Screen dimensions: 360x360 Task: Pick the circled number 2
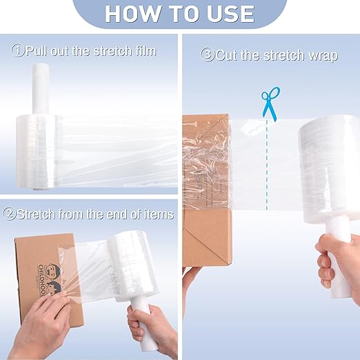10,214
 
